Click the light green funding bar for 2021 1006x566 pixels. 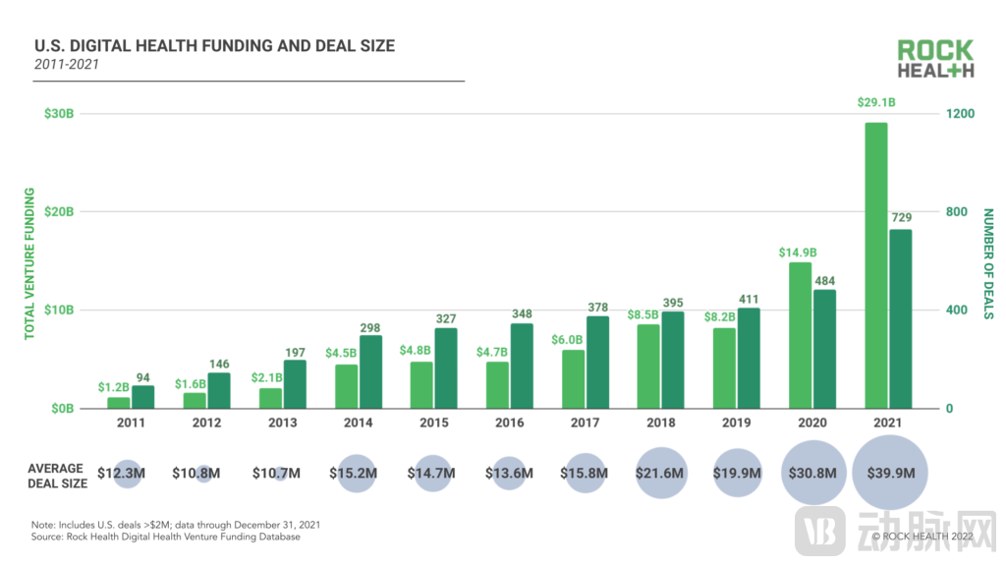pos(875,265)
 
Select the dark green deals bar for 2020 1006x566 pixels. pos(825,349)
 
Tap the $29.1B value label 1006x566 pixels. pos(876,102)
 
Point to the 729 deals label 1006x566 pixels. pos(901,216)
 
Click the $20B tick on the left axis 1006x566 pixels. pos(58,212)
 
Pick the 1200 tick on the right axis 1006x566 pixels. pos(960,114)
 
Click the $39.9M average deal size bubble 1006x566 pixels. pos(891,473)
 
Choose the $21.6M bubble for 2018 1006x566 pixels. pos(660,473)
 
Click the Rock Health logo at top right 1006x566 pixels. pos(934,59)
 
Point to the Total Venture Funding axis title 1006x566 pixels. pos(29,262)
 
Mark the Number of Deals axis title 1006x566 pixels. pos(989,262)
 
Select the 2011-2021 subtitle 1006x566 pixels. pos(66,64)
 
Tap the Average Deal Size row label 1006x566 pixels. pos(56,476)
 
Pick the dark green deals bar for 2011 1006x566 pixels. pos(143,397)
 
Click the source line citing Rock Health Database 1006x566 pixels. pos(167,538)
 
